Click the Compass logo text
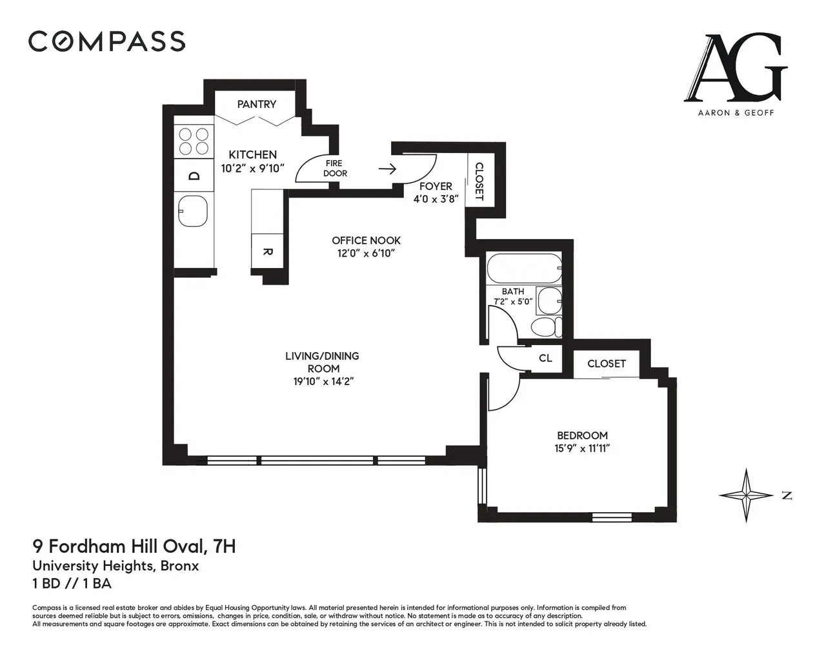[106, 41]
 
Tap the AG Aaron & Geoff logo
[736, 74]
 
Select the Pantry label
[256, 104]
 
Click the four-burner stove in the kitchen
[194, 141]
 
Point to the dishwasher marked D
[194, 176]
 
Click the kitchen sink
[193, 211]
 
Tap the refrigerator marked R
[268, 252]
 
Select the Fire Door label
[334, 168]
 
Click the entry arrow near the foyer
[387, 169]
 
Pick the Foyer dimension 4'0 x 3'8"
[436, 199]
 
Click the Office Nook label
[366, 240]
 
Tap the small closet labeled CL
[545, 358]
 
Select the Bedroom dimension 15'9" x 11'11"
[582, 448]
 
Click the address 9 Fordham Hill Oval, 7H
[134, 547]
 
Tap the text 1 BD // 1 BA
[72, 583]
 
